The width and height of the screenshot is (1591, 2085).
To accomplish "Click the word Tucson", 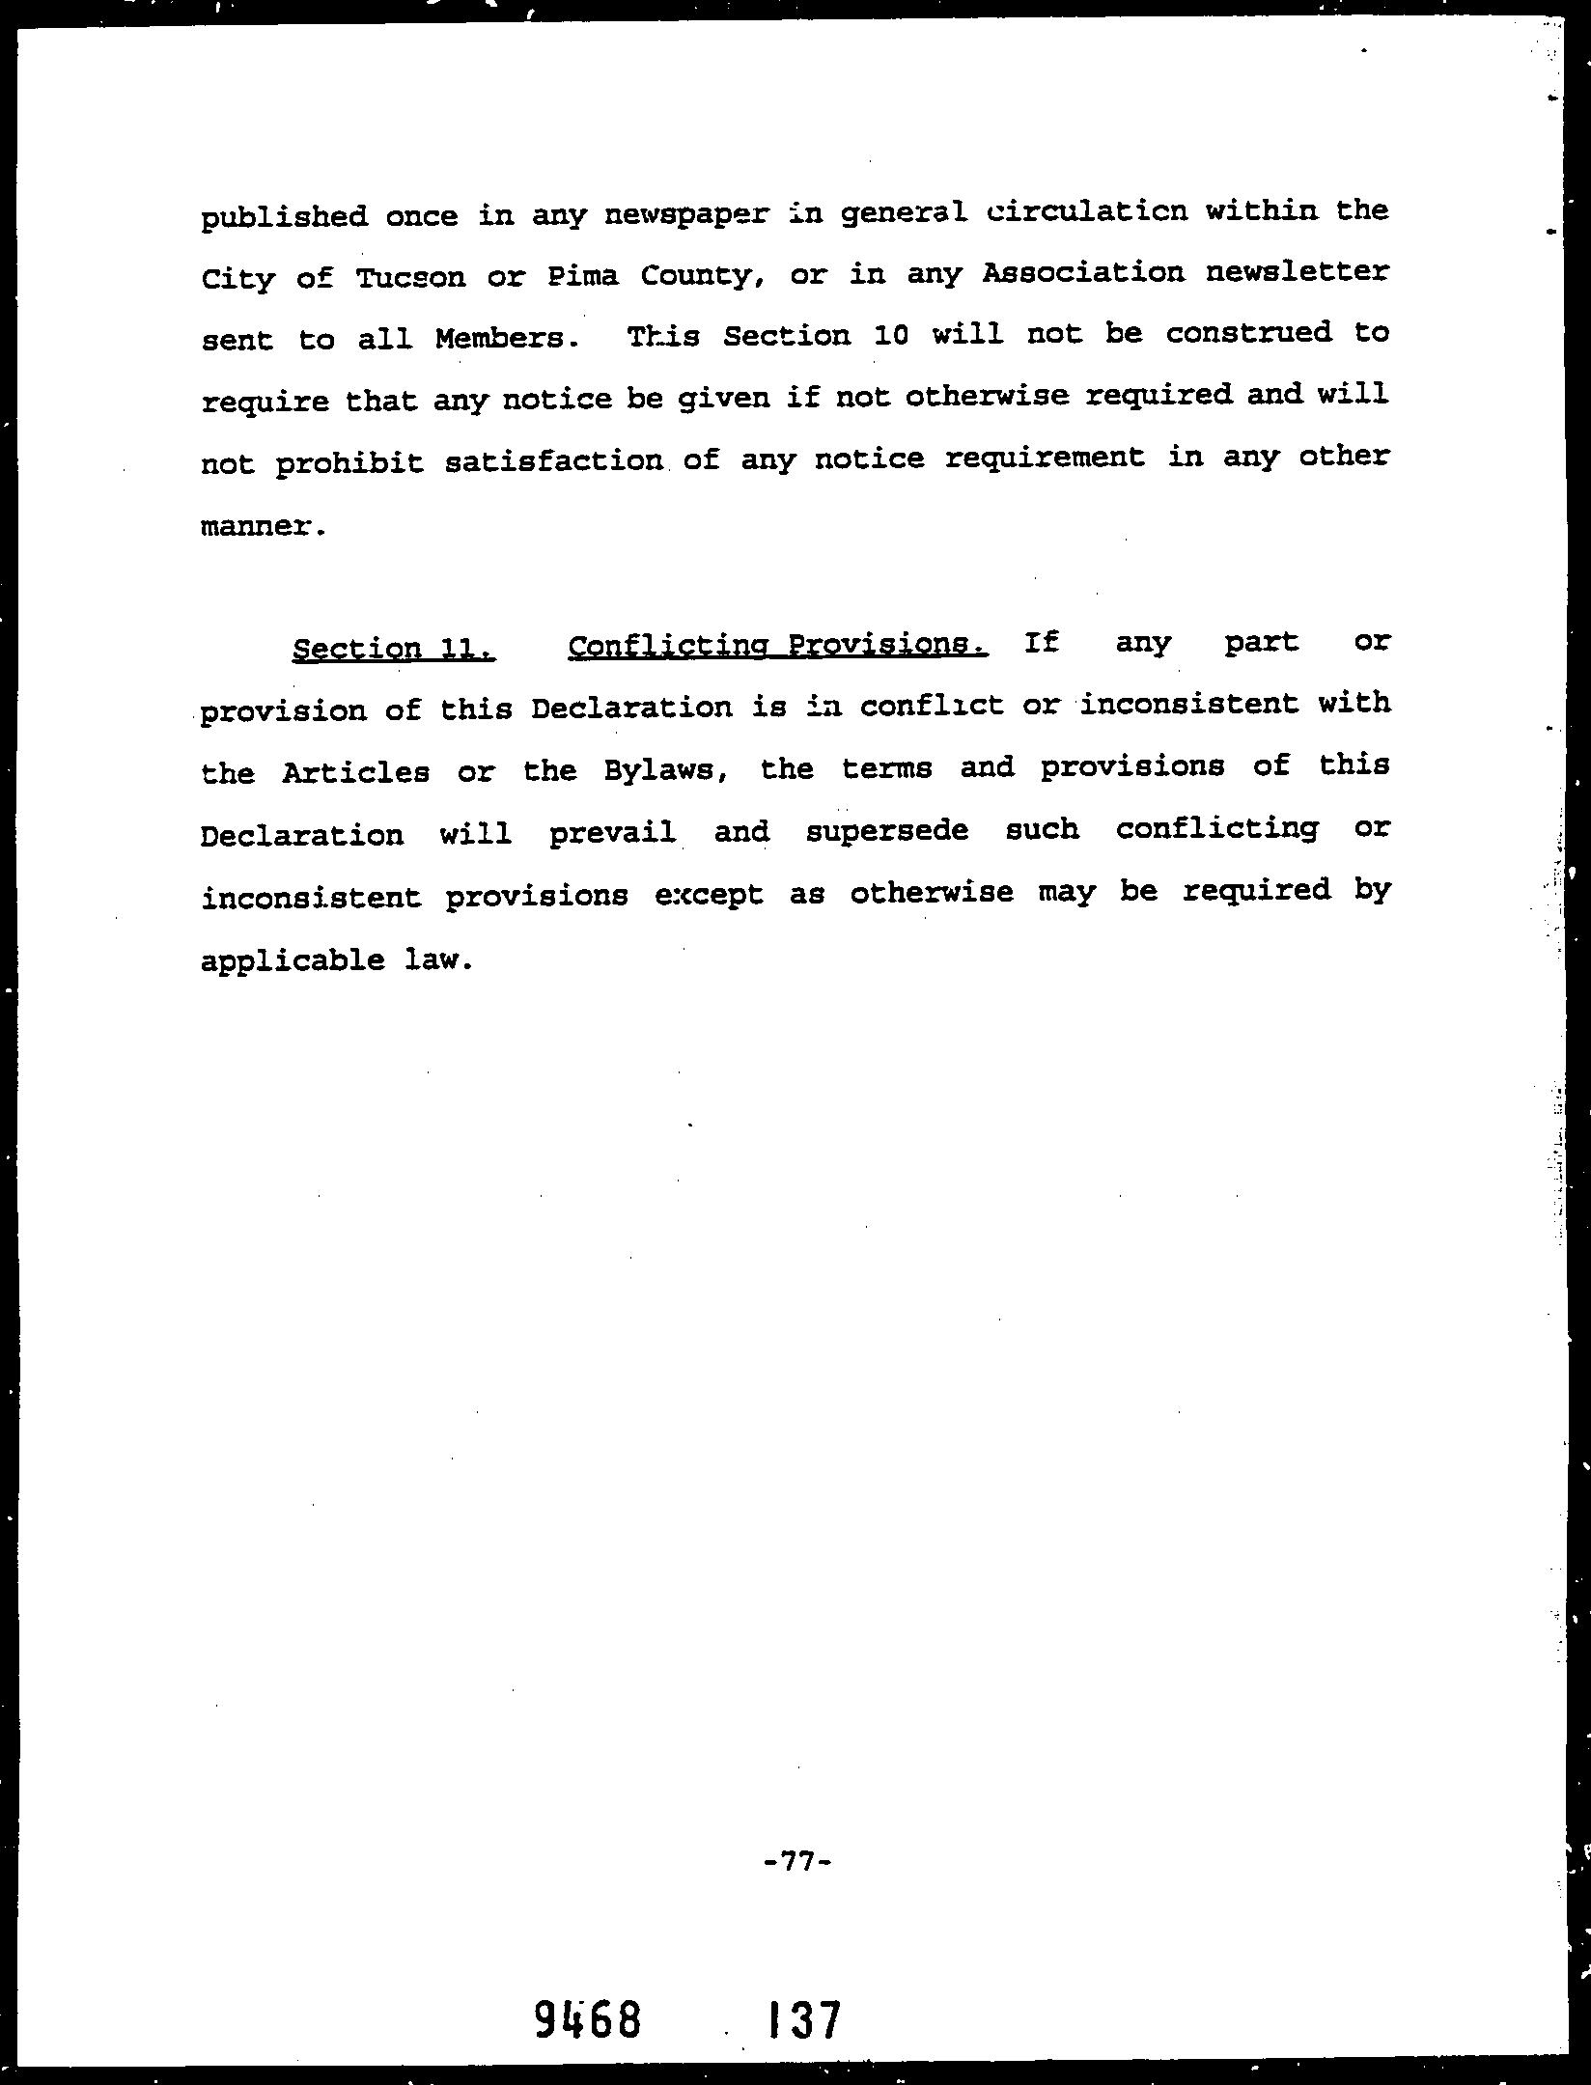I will tap(410, 277).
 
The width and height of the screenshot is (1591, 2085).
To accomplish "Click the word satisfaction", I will tap(554, 461).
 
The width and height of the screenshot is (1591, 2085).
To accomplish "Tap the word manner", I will tap(258, 527).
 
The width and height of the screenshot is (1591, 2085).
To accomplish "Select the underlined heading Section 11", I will tap(394, 648).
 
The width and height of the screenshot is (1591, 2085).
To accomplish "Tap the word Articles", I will tap(355, 772).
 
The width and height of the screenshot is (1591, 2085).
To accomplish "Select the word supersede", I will tap(886, 830).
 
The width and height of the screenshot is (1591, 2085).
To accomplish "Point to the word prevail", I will tap(612, 832).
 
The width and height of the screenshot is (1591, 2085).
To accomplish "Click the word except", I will tap(710, 895).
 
